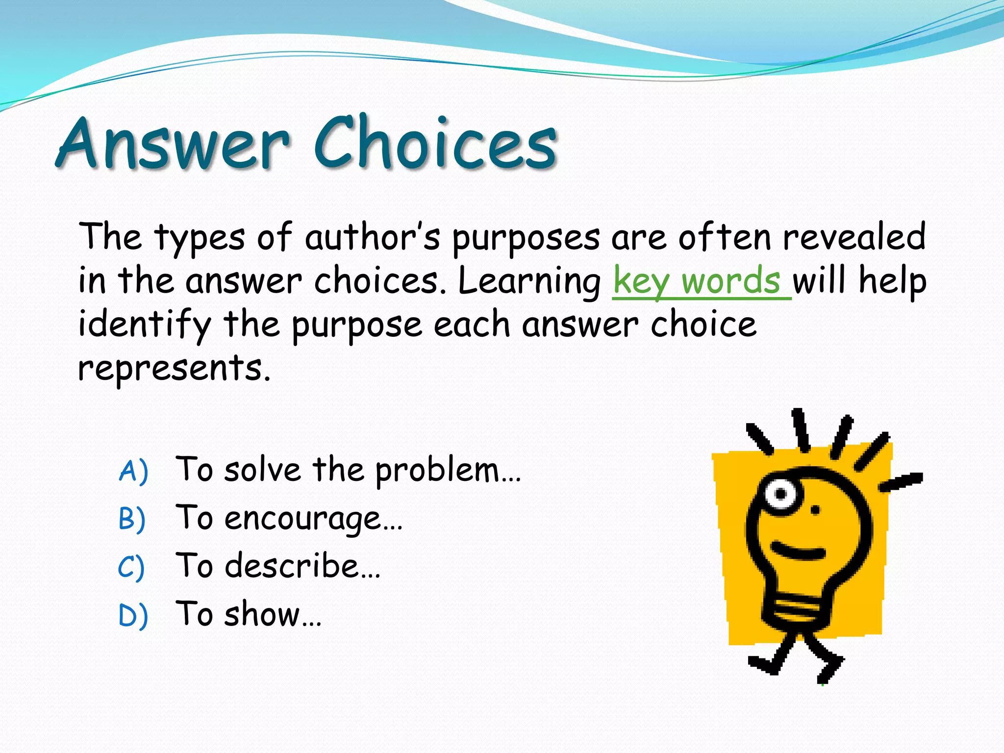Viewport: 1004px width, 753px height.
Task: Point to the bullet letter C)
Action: point(131,567)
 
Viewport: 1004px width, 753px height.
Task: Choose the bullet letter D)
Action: point(133,615)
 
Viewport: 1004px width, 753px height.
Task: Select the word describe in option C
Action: point(292,566)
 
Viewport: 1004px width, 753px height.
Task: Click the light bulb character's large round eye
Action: point(780,493)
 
